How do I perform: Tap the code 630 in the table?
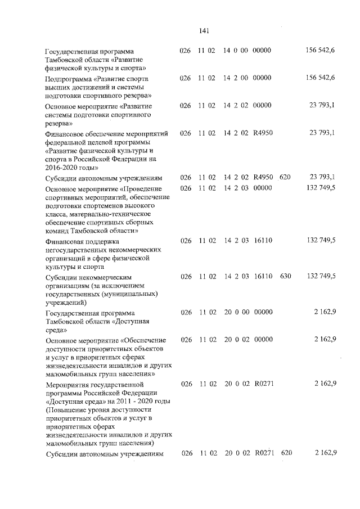[285, 277]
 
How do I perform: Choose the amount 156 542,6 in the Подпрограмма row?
[320, 78]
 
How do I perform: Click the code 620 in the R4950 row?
[285, 177]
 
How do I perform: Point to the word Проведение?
[140, 188]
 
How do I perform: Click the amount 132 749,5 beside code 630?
[320, 277]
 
